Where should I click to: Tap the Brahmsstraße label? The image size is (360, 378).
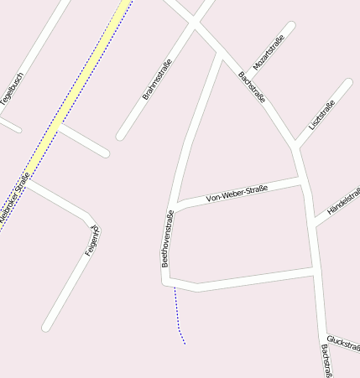point(157,80)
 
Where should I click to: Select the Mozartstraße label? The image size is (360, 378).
point(269,52)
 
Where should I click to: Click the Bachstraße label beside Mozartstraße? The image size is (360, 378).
point(252,87)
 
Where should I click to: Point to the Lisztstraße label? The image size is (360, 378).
point(321,114)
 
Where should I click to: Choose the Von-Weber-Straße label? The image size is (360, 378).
point(237,194)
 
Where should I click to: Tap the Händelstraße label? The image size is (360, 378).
point(344,202)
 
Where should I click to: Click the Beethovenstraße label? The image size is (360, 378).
point(167,238)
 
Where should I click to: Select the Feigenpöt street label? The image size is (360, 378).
point(92,241)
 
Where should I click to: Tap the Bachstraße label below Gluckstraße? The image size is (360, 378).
point(327,360)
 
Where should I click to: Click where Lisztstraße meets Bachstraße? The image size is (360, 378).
point(295,146)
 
